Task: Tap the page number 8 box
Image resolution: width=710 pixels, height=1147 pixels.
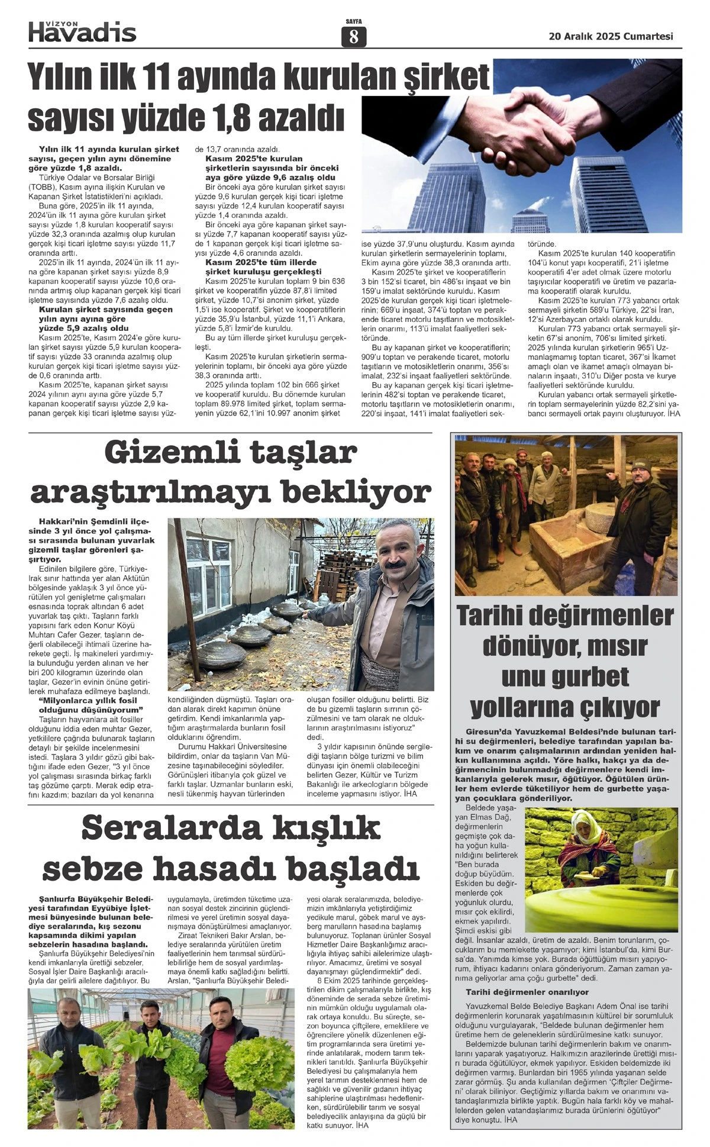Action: point(354,37)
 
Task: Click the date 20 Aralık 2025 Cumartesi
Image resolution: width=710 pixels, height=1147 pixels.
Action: point(611,36)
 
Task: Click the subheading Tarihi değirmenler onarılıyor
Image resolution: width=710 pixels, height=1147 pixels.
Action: point(527,991)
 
